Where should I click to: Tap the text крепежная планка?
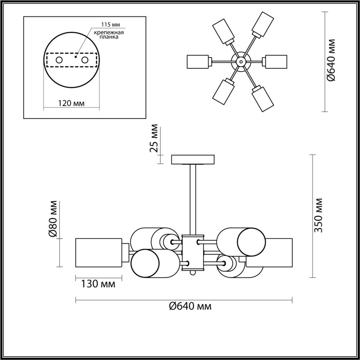(x=109, y=35)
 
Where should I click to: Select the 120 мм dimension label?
(x=71, y=103)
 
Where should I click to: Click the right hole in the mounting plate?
(x=85, y=60)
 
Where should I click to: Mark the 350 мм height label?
(x=319, y=215)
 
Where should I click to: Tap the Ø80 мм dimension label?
(x=53, y=219)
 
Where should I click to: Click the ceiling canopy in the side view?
(x=193, y=159)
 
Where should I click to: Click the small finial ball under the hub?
(x=193, y=273)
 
